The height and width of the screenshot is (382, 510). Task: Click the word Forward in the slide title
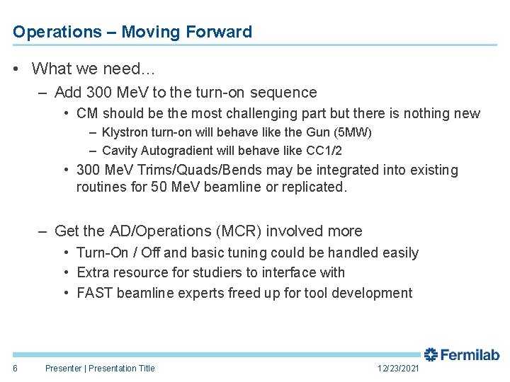pos(219,32)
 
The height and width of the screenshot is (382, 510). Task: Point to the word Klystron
pos(125,132)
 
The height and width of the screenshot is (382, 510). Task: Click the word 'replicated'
pos(314,188)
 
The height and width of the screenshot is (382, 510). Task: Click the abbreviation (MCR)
pos(269,231)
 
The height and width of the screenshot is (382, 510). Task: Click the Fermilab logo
pos(461,355)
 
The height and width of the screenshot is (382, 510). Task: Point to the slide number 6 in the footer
pos(16,368)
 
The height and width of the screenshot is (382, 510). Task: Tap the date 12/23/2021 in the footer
pos(398,369)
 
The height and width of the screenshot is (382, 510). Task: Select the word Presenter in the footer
pos(63,368)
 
